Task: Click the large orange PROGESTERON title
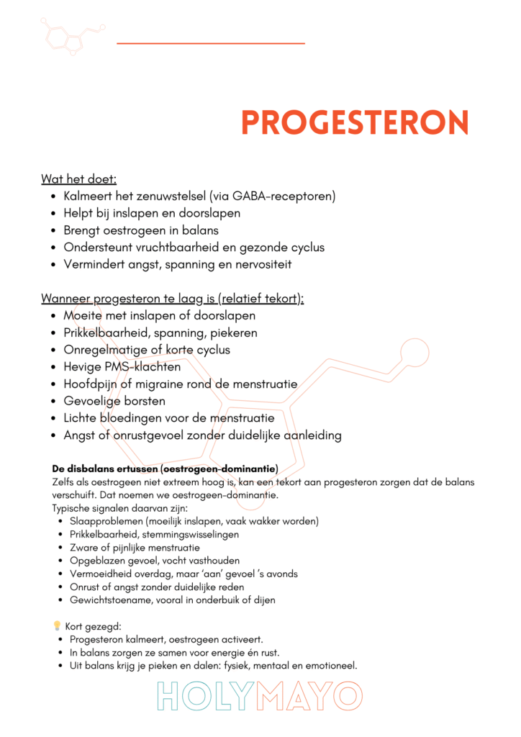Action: pos(355,122)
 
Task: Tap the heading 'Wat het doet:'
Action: pos(79,178)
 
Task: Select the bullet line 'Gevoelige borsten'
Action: pos(114,401)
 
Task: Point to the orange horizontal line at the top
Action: pos(210,43)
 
